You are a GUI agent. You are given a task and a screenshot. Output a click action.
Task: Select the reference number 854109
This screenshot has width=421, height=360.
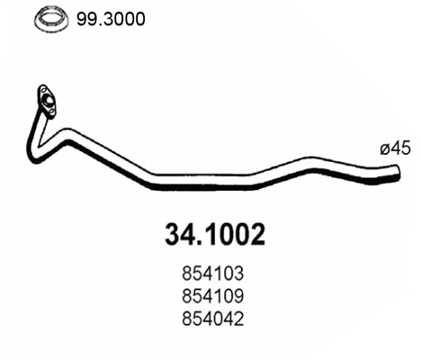click(x=210, y=295)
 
